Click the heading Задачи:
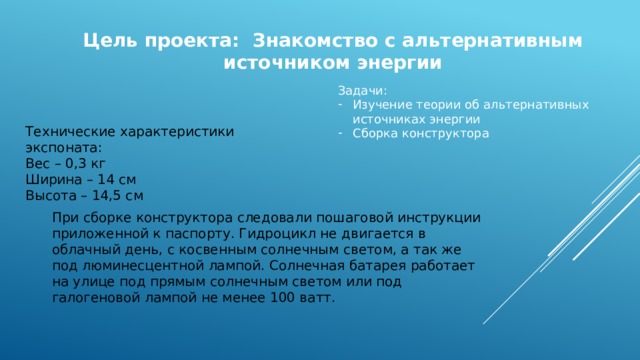362,90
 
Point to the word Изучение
383,104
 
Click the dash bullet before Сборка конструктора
342,132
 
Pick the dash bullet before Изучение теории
342,104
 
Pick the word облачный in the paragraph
87,249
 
